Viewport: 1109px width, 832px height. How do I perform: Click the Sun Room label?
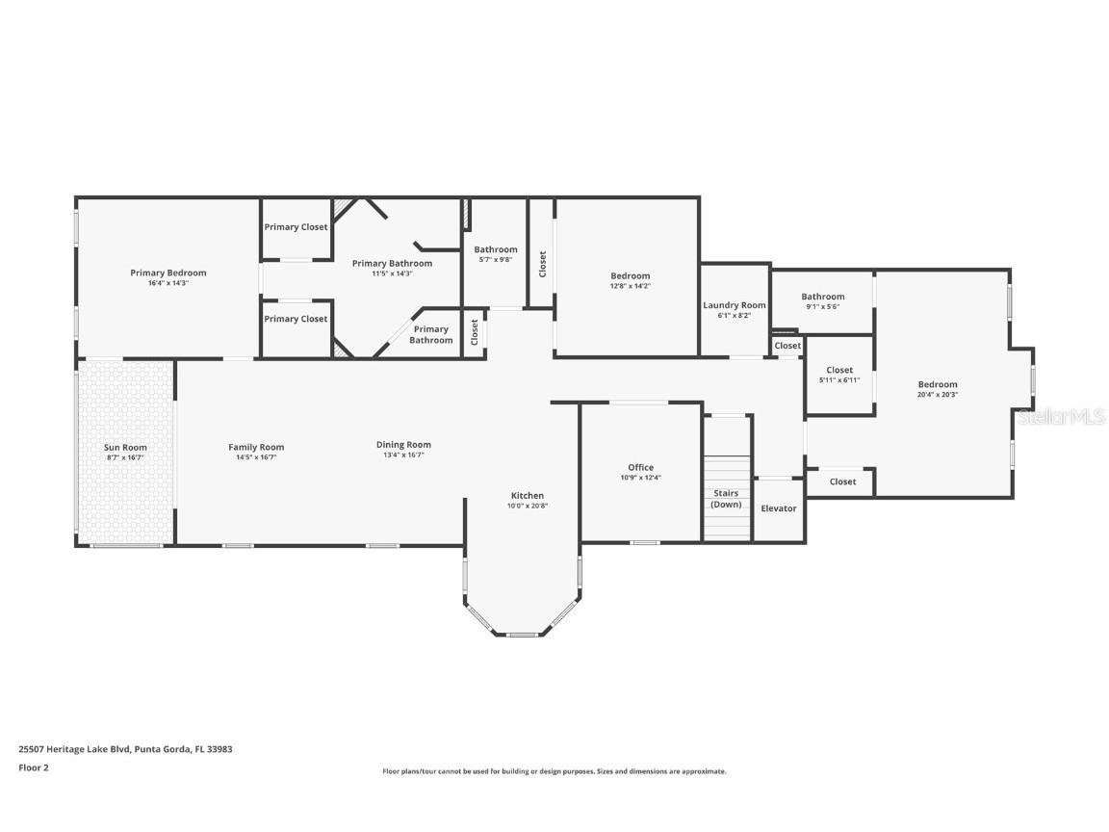pos(125,448)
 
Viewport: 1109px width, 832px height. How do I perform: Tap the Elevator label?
pos(779,508)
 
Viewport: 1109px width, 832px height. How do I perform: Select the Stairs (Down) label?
pos(726,499)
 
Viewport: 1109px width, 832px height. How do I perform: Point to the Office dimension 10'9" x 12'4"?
pos(640,479)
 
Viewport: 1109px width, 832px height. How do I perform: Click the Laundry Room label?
pos(735,305)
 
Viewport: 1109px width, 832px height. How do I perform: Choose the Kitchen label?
pos(528,496)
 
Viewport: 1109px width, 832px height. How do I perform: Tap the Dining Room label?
pos(403,445)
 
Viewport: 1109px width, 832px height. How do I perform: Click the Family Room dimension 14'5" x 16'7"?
pos(256,457)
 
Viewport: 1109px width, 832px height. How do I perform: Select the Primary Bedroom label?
pos(168,273)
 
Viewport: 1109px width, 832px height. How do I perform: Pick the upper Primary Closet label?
pos(296,227)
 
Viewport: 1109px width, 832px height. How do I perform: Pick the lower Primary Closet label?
pos(296,319)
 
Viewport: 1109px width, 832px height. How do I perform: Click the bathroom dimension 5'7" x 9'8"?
pos(495,260)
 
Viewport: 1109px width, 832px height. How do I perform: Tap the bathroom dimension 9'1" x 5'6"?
pos(823,307)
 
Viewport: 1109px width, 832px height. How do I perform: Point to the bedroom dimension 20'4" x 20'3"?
pos(937,395)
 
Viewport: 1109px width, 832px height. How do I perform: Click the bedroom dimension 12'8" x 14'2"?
pos(630,286)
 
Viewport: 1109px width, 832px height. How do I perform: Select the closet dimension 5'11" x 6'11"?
pos(839,380)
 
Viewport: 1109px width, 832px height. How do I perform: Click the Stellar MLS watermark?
pos(1062,416)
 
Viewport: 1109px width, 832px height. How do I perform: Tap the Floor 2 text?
pos(33,767)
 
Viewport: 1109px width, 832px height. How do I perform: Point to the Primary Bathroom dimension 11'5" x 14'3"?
pos(392,273)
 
